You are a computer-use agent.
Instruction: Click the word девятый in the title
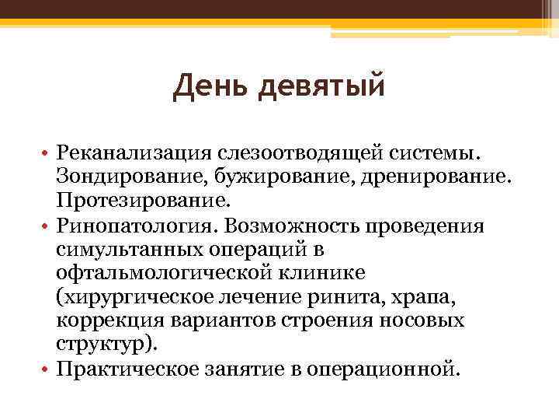pos(320,86)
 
